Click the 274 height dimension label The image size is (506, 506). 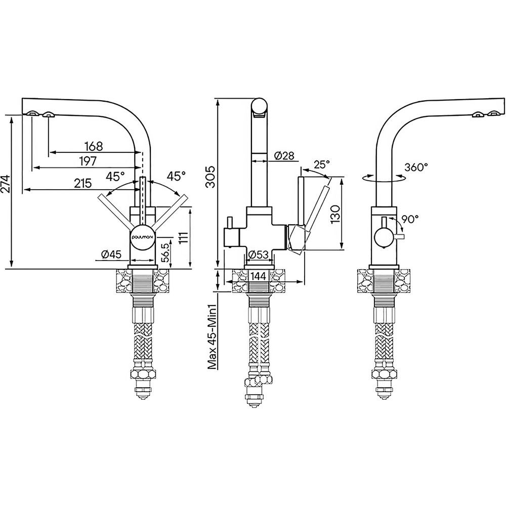[6, 188]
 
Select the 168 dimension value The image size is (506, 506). [94, 146]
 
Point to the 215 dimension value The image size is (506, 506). [82, 183]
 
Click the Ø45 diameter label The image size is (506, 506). [111, 255]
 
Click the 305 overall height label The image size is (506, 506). [210, 177]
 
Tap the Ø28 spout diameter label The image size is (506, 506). [284, 155]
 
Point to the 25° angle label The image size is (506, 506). [321, 164]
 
